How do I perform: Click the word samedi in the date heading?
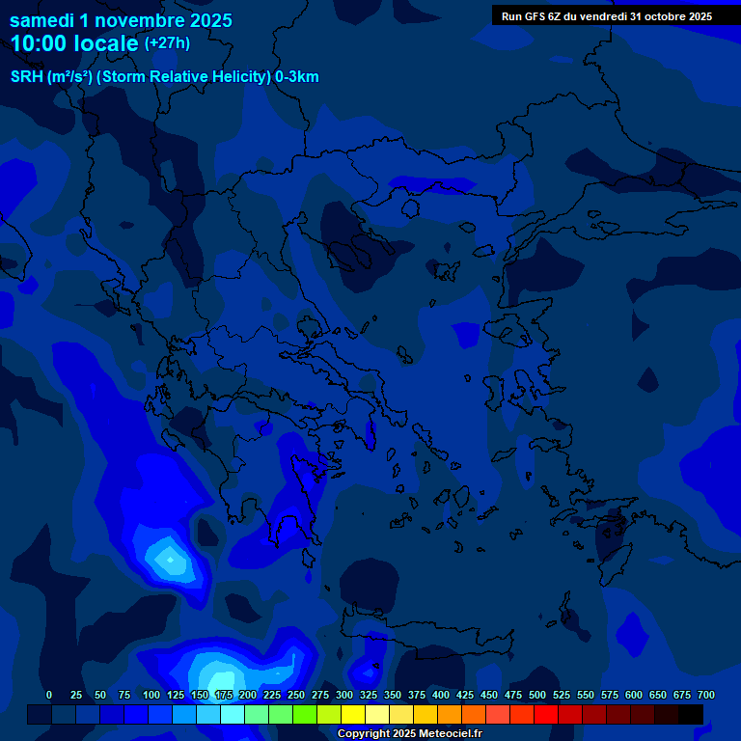(41, 20)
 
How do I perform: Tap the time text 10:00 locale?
(74, 43)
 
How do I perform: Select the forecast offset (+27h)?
(167, 43)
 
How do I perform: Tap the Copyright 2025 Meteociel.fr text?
(409, 734)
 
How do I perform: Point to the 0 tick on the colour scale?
(49, 696)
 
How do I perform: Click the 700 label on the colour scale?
(705, 696)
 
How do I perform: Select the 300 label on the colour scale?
(344, 696)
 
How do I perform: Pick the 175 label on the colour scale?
(224, 696)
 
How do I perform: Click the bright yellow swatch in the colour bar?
(353, 715)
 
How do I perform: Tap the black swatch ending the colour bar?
(691, 715)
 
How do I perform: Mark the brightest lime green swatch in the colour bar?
(305, 715)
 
